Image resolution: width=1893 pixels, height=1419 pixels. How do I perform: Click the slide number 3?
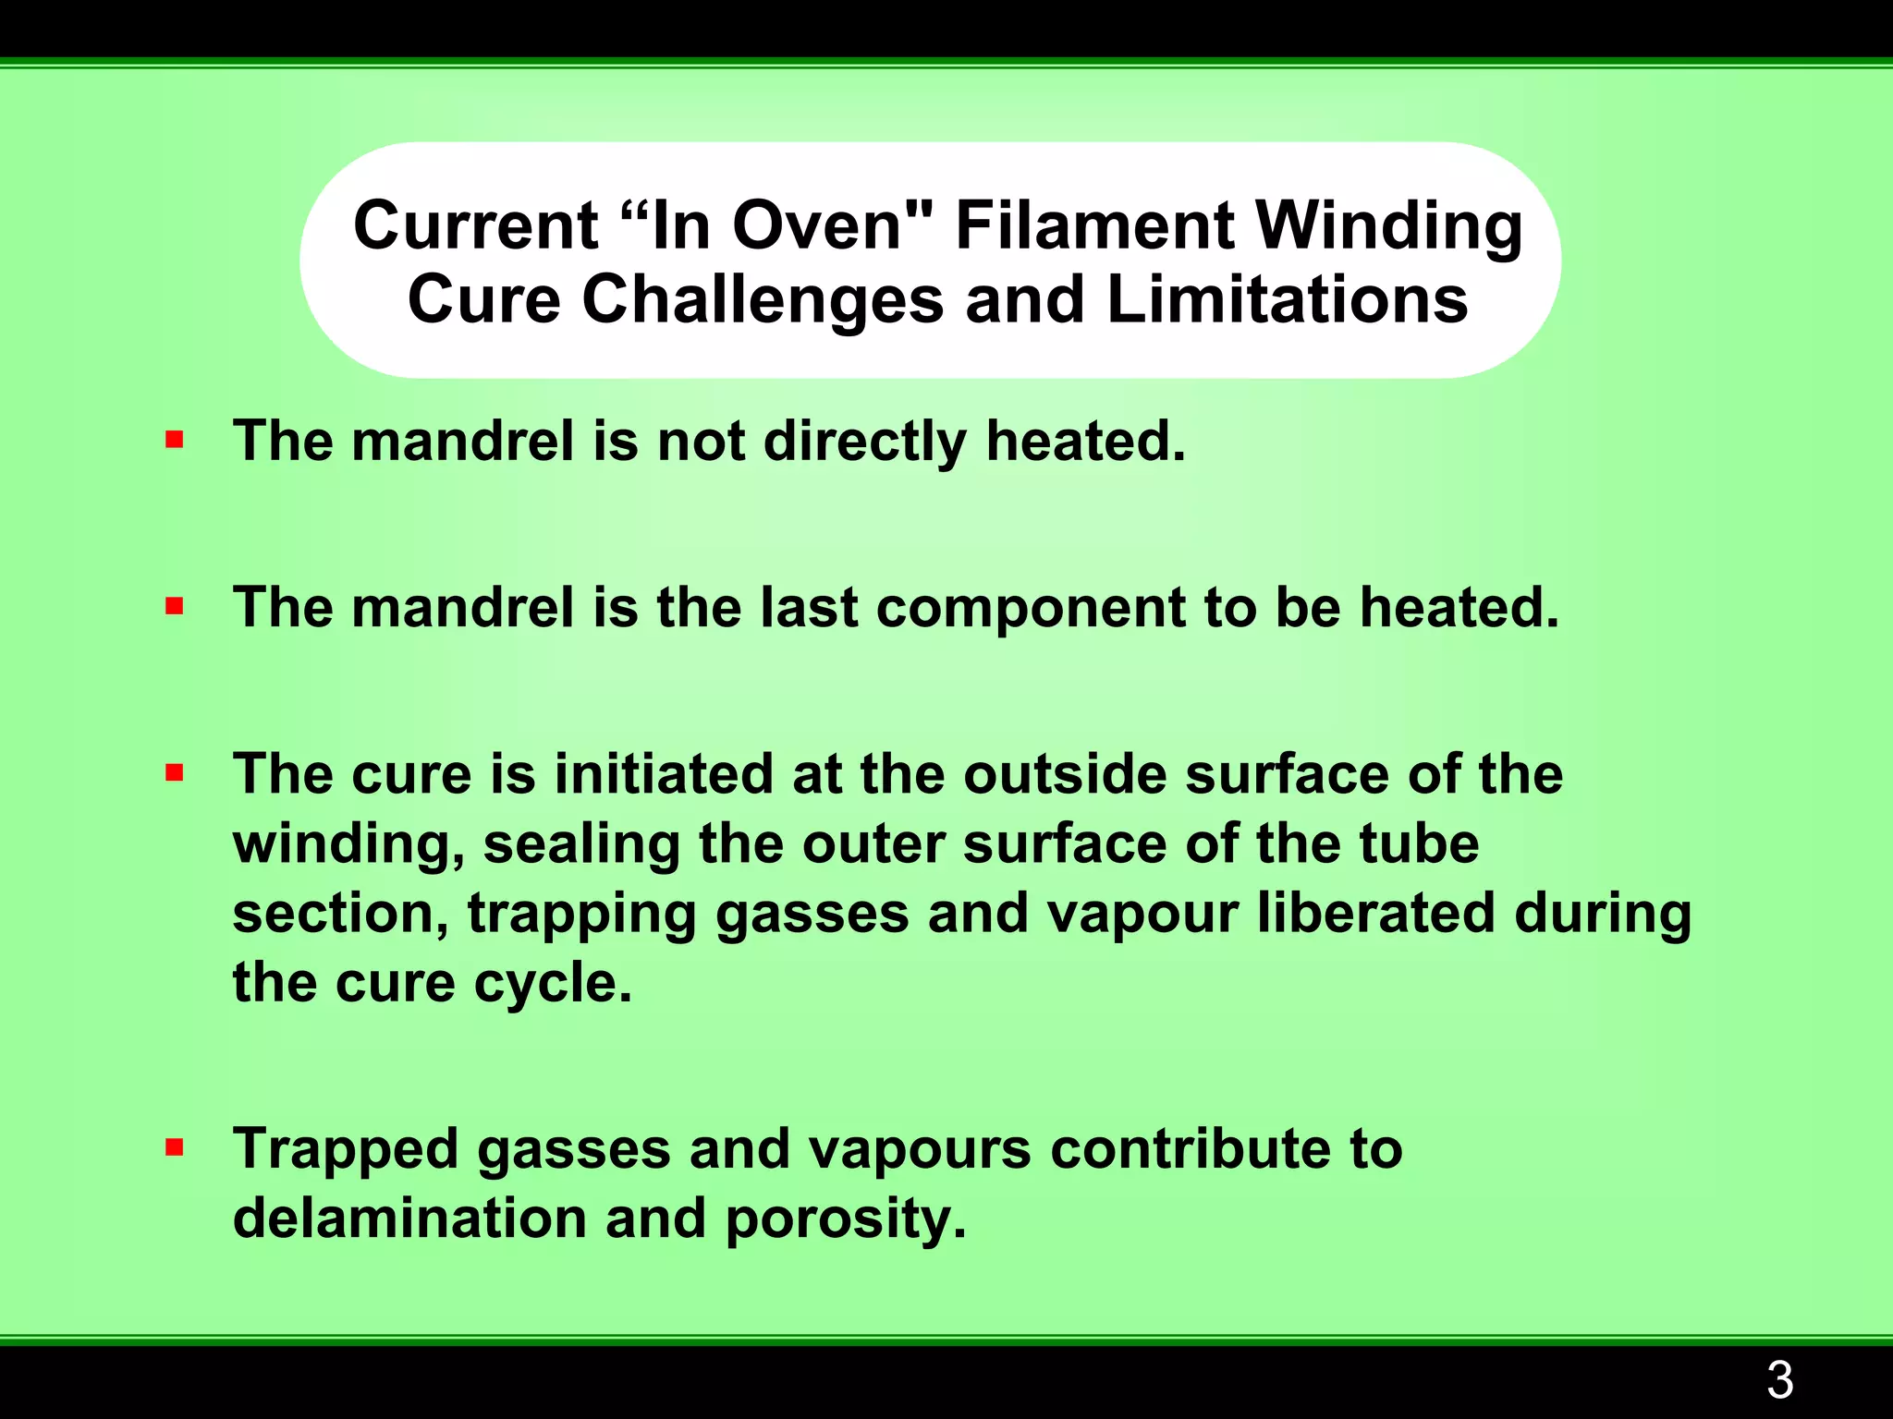(1779, 1381)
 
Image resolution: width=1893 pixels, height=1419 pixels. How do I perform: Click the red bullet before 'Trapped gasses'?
(174, 1148)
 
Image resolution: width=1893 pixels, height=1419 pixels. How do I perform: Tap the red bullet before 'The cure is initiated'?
(174, 772)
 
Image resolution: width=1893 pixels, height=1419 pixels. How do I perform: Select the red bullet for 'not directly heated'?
(174, 440)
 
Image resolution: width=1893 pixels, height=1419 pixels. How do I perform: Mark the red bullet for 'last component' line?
(174, 606)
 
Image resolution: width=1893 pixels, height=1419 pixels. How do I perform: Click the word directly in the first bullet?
(864, 442)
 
